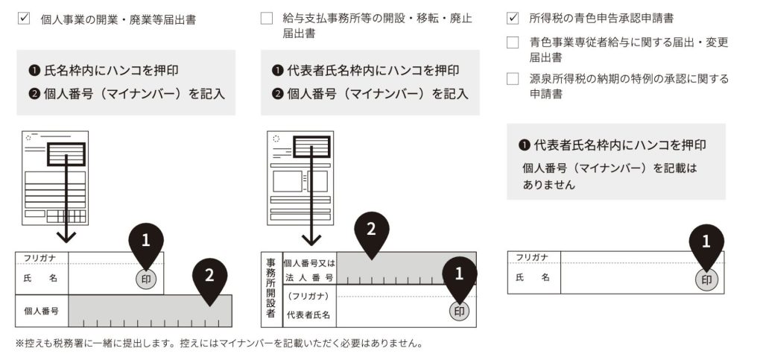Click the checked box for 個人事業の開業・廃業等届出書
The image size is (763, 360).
(23, 19)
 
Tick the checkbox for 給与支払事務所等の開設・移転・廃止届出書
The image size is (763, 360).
(267, 19)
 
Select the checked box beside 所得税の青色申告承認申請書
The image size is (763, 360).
(512, 17)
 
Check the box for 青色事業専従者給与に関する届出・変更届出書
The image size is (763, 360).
(512, 42)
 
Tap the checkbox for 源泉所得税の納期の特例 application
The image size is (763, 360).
(512, 79)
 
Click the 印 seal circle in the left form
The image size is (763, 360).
(146, 279)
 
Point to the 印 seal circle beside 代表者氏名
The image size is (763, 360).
(460, 311)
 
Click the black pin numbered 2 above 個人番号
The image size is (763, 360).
(209, 277)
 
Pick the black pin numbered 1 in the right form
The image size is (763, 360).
(706, 242)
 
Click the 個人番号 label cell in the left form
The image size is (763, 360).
(42, 311)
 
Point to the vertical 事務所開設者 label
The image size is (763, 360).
(270, 288)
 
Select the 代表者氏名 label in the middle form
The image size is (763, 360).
(308, 315)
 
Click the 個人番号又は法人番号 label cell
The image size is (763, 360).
(308, 268)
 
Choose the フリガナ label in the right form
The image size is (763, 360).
(533, 257)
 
